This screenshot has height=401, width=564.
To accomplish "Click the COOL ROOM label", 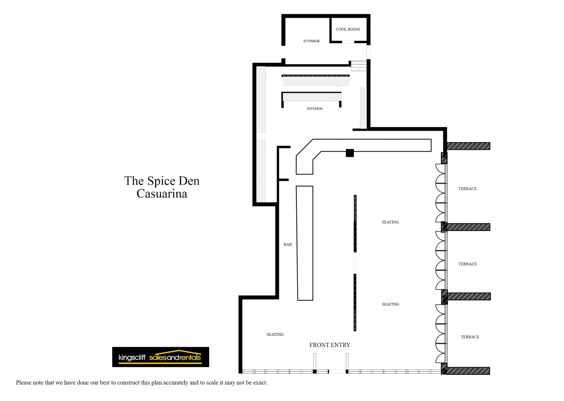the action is pos(348,29).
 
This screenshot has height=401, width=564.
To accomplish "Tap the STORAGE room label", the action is pos(311,41).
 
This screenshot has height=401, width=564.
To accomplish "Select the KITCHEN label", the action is pos(315,109).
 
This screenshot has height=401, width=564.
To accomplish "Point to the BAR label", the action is pos(288,244).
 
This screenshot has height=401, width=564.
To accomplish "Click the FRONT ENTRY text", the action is pos(330,345).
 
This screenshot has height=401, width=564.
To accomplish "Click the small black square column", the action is pos(350,153).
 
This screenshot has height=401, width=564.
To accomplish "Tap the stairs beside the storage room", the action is pos(359,66).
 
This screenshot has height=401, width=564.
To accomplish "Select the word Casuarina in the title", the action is pos(162,194).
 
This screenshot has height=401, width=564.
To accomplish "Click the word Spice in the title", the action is pos(161,181).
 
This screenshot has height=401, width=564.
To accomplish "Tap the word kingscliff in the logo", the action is pos(132,358).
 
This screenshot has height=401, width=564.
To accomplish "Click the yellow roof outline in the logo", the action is pos(176,353).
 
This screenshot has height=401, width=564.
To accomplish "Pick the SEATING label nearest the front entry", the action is pos(275,335).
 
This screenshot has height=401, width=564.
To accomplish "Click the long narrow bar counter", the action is pos(305,243).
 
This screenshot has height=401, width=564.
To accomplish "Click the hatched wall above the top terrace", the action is pos(469,146).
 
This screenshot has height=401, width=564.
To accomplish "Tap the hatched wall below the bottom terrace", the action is pos(468,371).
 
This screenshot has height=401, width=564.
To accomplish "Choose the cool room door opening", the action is pos(348,42).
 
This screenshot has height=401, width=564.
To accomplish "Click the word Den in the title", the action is pos(189,181).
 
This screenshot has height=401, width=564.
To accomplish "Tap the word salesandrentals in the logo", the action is pos(175,358).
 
